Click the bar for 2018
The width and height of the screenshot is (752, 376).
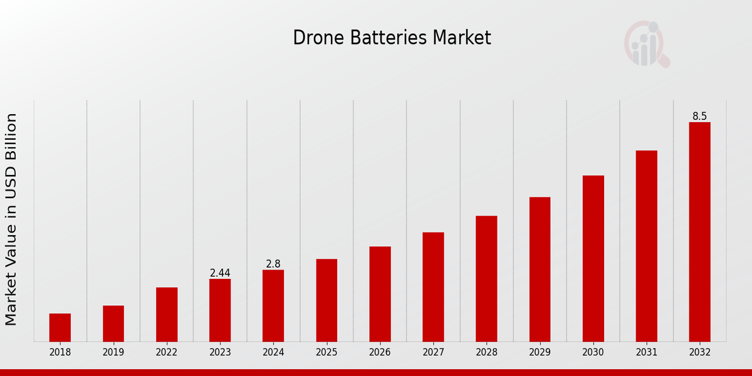[x=60, y=327]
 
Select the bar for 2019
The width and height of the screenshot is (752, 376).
[x=113, y=323]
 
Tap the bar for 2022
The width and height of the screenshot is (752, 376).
[x=167, y=314]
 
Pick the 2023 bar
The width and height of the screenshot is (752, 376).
[x=220, y=310]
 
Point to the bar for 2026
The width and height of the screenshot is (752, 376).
[x=380, y=294]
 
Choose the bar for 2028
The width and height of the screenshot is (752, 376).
[x=486, y=278]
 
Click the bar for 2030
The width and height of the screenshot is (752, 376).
[x=593, y=258]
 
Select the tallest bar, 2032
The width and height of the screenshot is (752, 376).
[x=699, y=232]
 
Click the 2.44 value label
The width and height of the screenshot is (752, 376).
[x=220, y=273]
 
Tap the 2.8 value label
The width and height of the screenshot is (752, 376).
[x=273, y=264]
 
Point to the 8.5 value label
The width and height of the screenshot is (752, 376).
[x=699, y=117]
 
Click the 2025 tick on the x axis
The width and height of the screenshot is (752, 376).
[x=326, y=353]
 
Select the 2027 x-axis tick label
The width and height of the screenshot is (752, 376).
[x=433, y=353]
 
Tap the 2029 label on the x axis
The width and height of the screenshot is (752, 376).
[x=540, y=353]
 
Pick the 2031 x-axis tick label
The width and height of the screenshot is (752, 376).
[x=646, y=353]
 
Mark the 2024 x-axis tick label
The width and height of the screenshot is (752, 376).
[x=273, y=353]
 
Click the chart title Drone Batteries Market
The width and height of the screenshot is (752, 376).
[x=392, y=38]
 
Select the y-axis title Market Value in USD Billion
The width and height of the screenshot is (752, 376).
[x=11, y=219]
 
